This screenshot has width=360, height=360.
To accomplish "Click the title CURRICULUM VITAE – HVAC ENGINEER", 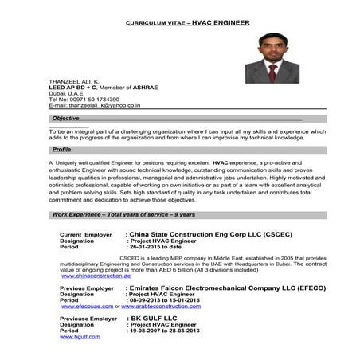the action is point(188,23).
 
